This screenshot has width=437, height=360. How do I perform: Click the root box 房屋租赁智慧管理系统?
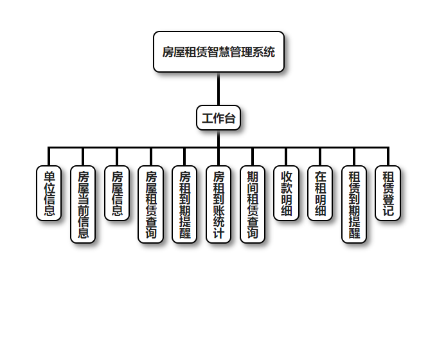coord(219,52)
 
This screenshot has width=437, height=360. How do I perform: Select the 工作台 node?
coord(219,118)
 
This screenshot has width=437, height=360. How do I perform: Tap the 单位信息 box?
coord(49,193)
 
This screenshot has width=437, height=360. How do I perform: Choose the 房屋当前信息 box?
coord(83,204)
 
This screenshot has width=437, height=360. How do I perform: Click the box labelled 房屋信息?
coord(117,193)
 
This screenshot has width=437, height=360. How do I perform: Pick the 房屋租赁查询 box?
coord(151,204)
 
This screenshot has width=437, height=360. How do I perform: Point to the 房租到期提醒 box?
coord(184,204)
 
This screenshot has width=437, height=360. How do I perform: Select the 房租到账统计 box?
coord(219,204)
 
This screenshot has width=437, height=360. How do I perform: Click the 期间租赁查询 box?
coord(253,204)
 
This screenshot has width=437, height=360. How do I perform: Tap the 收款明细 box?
coord(287,193)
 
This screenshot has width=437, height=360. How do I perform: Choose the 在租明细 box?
coord(320,193)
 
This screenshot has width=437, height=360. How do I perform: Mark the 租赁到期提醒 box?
coord(354,204)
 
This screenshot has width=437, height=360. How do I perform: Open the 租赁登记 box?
coord(388,193)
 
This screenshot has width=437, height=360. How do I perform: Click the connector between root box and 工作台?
coord(219,89)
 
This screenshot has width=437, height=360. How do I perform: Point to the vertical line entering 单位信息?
coord(49,157)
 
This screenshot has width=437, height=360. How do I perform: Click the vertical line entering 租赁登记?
coord(388,157)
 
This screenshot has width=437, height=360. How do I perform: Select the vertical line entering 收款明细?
coord(287,157)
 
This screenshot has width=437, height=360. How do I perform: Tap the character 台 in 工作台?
coord(229,118)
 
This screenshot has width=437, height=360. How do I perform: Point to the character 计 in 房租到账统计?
coord(219,233)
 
